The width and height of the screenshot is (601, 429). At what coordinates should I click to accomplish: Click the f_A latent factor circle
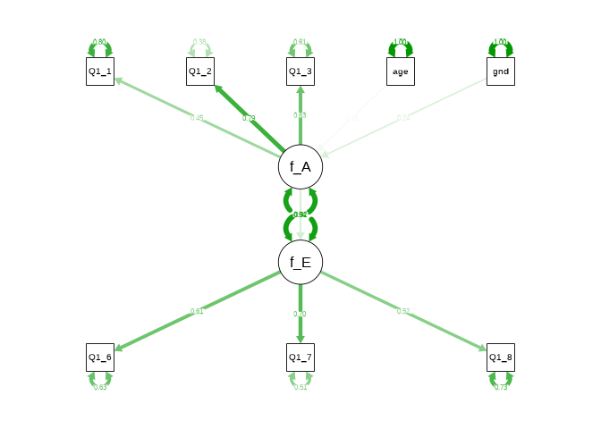coord(300,166)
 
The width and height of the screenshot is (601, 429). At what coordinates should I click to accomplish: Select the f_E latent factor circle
coord(300,262)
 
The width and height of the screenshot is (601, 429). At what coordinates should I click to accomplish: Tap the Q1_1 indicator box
coord(100,71)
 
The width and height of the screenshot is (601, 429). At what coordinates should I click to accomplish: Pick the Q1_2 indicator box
coord(200,71)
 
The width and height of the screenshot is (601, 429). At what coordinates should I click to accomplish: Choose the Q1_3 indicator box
coord(300,71)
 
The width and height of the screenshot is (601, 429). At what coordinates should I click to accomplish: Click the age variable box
coord(401,71)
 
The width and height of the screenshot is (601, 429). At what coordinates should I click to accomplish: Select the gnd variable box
coord(501,71)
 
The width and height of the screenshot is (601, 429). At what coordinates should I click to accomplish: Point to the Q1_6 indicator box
coord(100,357)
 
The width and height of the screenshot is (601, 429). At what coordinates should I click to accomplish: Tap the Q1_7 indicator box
coord(300,357)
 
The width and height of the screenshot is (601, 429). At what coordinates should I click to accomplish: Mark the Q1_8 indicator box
coord(501,357)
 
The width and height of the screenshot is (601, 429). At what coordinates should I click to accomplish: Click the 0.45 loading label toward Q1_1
coord(197,118)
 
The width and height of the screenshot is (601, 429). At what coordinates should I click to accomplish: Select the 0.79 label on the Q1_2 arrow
coord(249,118)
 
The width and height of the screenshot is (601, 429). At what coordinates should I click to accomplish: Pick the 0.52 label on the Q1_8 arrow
coord(403,311)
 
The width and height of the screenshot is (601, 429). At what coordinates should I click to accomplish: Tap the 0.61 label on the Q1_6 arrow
coord(197,311)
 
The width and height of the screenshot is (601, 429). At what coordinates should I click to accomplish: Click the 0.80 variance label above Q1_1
coord(100,42)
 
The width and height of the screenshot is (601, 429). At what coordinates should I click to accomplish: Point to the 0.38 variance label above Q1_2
coord(200,42)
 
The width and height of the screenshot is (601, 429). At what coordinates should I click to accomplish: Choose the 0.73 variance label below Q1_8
coord(501,387)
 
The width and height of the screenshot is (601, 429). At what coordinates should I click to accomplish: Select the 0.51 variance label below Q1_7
coord(300,387)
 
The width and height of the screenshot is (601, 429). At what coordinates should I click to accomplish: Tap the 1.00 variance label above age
coord(401,42)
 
